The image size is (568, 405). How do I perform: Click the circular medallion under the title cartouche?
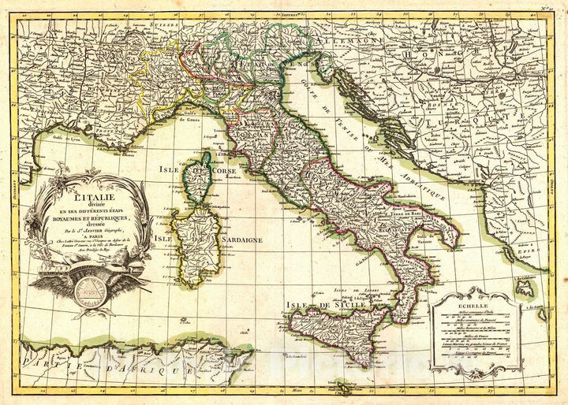89,290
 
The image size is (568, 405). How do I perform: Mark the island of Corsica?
201,178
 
